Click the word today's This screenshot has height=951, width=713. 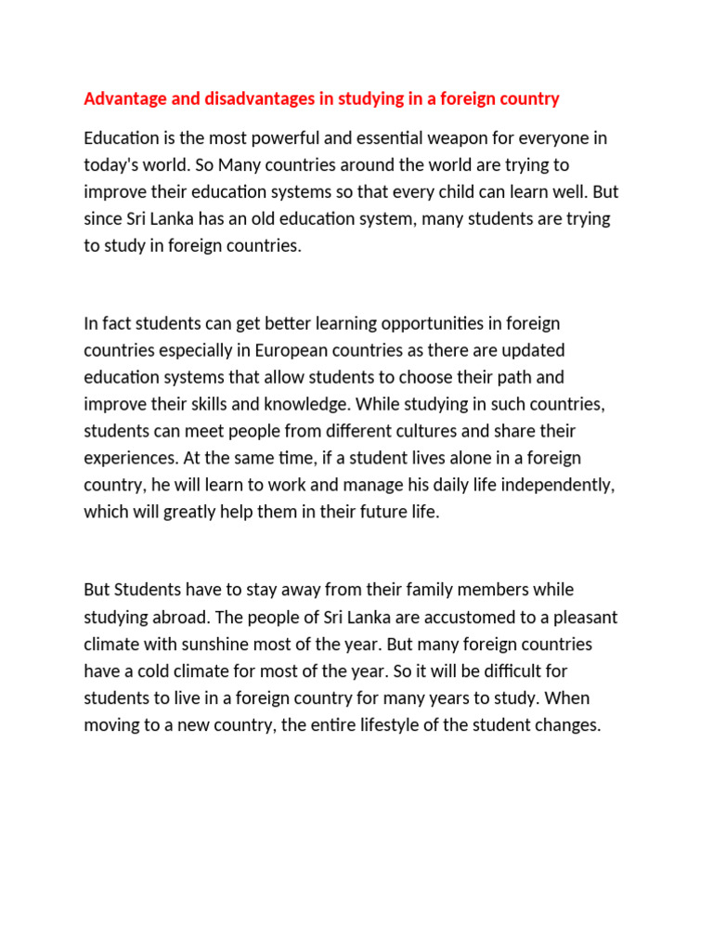[x=113, y=165]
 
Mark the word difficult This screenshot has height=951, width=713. [x=513, y=671]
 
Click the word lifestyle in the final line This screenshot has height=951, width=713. [x=384, y=725]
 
